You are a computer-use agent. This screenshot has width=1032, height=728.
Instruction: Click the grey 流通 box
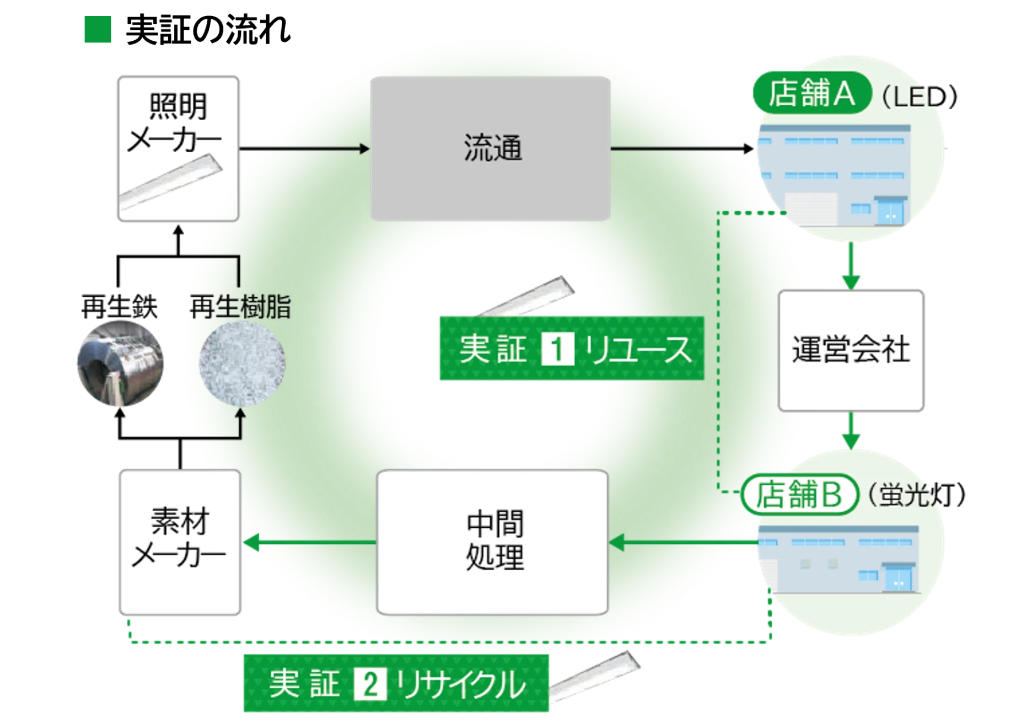pyautogui.click(x=491, y=149)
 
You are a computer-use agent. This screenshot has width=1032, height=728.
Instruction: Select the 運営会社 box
pyautogui.click(x=851, y=350)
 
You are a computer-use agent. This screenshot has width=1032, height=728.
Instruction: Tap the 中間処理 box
pyautogui.click(x=492, y=542)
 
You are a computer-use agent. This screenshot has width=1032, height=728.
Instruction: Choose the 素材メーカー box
pyautogui.click(x=179, y=542)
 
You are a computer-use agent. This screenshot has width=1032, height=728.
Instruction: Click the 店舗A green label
pyautogui.click(x=810, y=94)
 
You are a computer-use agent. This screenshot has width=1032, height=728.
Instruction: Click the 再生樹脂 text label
pyautogui.click(x=240, y=307)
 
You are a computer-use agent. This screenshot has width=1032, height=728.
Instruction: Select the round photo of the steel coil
pyautogui.click(x=121, y=363)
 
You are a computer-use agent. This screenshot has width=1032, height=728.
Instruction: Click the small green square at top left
pyautogui.click(x=99, y=29)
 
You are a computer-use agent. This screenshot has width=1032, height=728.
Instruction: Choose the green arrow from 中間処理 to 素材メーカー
pyautogui.click(x=309, y=543)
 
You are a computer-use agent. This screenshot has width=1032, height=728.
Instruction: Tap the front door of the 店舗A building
pyautogui.click(x=891, y=212)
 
